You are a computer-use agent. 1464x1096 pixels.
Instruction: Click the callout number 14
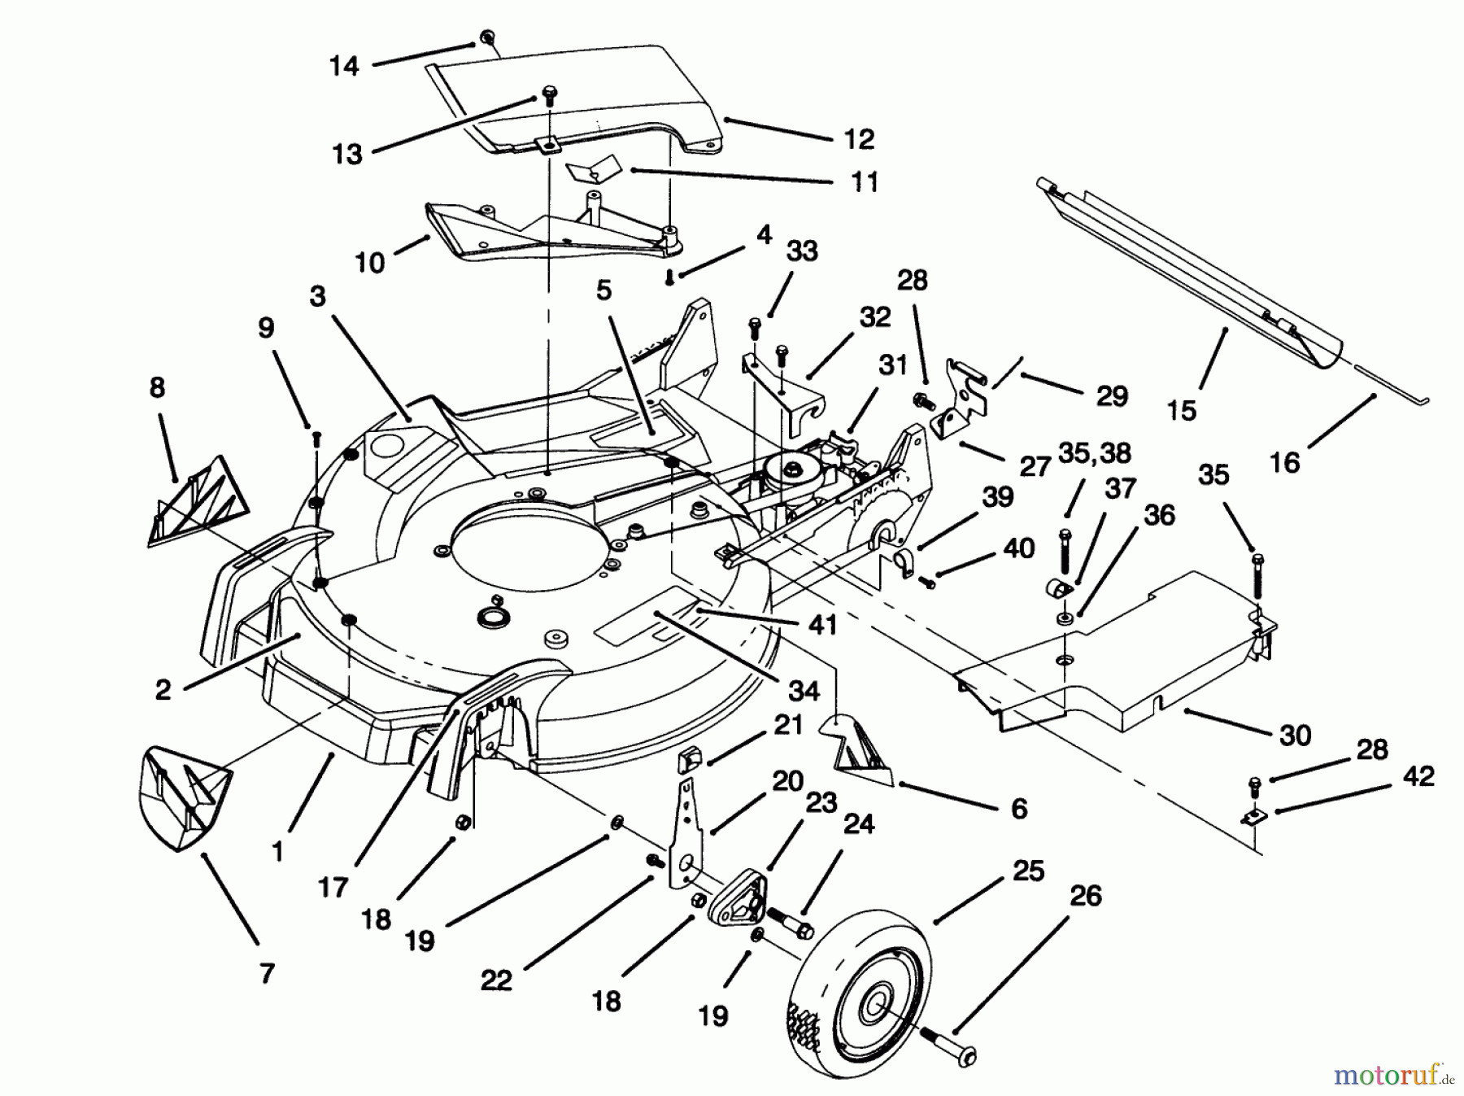344,66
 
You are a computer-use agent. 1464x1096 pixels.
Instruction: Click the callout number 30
1295,735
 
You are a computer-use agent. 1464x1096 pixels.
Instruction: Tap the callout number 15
1181,410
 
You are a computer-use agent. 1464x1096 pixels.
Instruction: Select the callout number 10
369,263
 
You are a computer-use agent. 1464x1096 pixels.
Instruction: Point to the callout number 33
801,251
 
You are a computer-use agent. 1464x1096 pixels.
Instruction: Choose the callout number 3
317,297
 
